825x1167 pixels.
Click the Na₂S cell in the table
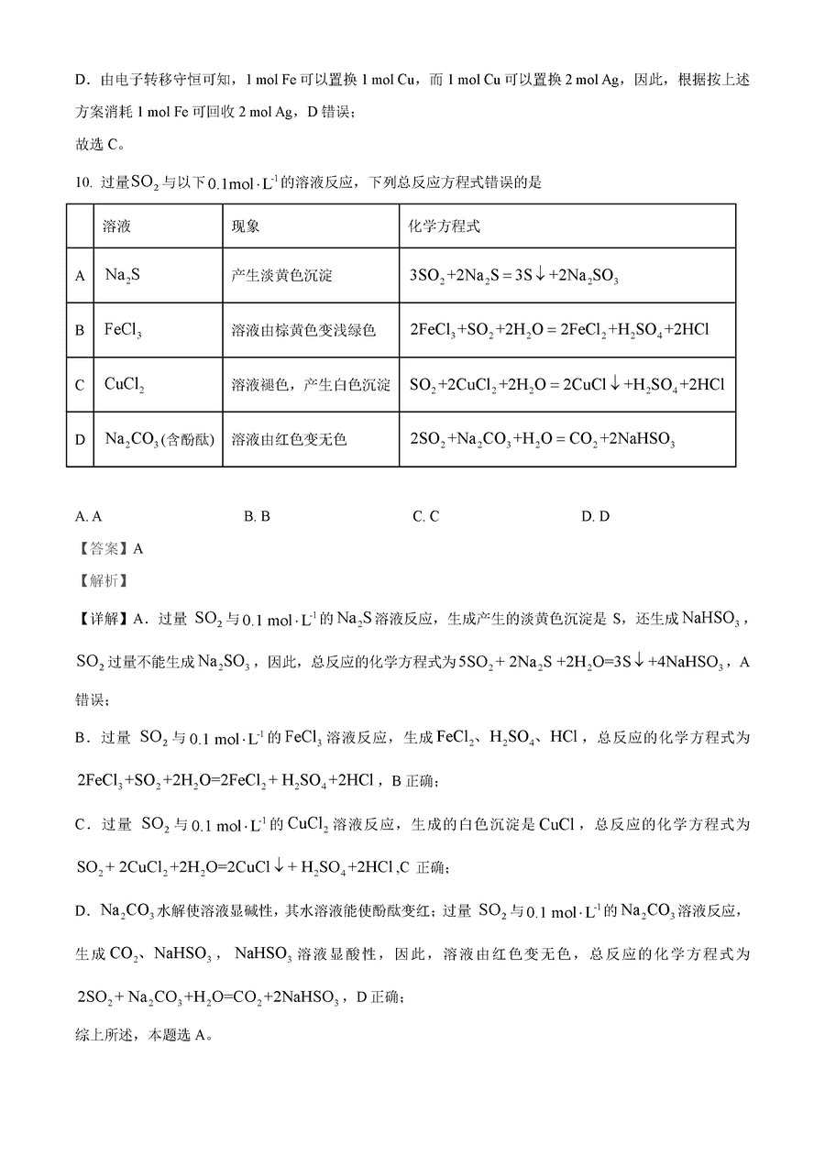[x=123, y=275]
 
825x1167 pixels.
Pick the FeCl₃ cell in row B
[x=123, y=330]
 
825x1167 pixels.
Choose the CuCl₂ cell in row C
[x=126, y=384]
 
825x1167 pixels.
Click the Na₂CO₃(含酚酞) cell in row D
[x=159, y=439]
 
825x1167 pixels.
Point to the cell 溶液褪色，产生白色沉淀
[x=311, y=384]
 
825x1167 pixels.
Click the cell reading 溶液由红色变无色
[x=290, y=439]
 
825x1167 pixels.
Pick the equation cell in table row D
[x=543, y=440]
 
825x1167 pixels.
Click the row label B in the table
[x=80, y=330]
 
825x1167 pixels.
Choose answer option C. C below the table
[x=425, y=516]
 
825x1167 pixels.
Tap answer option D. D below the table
[x=595, y=516]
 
